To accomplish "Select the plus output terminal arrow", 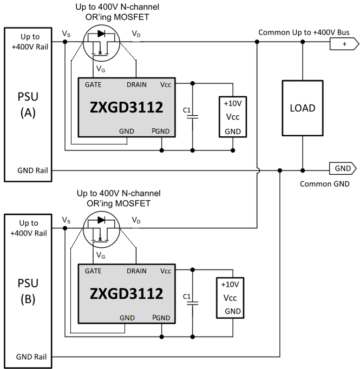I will click(x=343, y=44).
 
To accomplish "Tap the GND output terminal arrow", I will click(x=343, y=168).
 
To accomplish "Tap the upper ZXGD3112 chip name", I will click(x=126, y=108).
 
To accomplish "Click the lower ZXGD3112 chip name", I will click(x=126, y=293).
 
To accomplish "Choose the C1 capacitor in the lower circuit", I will click(x=193, y=299).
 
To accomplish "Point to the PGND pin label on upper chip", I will click(x=161, y=131).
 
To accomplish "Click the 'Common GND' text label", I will click(x=325, y=183).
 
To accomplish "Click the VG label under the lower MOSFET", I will click(x=101, y=254).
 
